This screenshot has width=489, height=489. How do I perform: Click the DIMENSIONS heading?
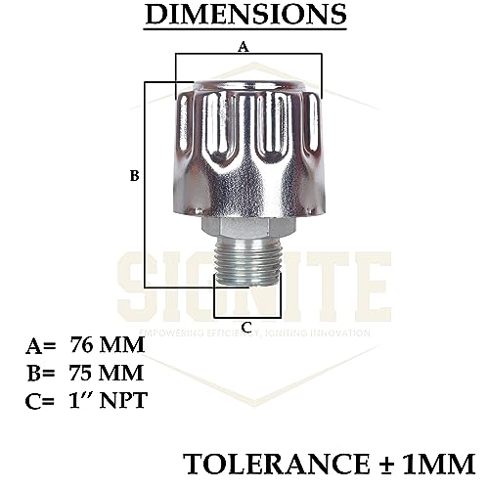click(x=244, y=16)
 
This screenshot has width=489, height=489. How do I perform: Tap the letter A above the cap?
click(x=244, y=45)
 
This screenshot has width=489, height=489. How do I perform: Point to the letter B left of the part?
click(x=134, y=176)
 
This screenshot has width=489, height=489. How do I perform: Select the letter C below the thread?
click(x=246, y=326)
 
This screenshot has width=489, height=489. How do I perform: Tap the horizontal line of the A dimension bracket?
click(x=247, y=54)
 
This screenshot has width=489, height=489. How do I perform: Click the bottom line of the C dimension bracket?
click(x=246, y=318)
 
